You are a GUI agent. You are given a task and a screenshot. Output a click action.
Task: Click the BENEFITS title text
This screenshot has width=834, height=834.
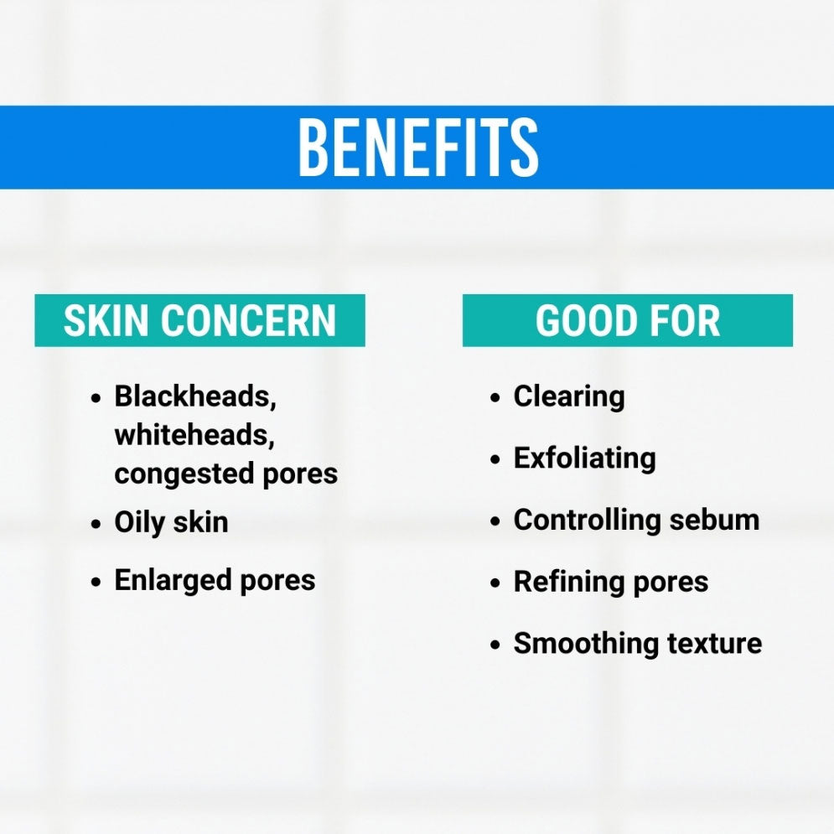point(418,147)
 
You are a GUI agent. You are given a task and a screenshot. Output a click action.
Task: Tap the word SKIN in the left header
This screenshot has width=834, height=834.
point(106,321)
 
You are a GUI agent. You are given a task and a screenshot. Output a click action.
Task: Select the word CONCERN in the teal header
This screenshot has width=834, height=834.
point(248,321)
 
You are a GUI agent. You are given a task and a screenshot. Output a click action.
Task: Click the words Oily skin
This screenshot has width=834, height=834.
point(171,522)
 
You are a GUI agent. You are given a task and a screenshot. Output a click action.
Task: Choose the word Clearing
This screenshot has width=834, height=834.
point(569,396)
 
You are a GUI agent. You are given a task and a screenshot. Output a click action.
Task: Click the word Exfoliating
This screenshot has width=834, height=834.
point(584,458)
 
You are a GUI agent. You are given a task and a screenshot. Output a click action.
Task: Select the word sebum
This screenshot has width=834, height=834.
point(714,521)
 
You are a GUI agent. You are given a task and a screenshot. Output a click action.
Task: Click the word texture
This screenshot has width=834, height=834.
point(714,644)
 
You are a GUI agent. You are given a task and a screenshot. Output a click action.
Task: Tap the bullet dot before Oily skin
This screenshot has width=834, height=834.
point(96,523)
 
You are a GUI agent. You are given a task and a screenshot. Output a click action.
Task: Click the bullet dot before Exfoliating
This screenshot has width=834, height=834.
point(495,459)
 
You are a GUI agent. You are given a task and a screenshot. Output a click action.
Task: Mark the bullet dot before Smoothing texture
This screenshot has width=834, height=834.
point(495,645)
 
